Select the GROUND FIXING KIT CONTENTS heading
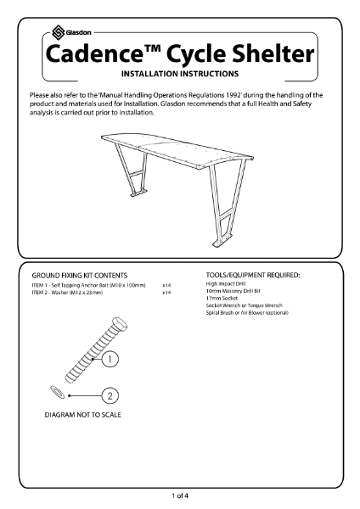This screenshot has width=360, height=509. [x=80, y=276]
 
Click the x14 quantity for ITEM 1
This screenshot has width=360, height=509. [x=167, y=285]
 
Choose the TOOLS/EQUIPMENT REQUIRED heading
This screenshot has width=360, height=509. [x=252, y=276]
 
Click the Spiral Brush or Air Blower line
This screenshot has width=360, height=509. [x=252, y=313]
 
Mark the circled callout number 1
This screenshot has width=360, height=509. [x=110, y=359]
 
